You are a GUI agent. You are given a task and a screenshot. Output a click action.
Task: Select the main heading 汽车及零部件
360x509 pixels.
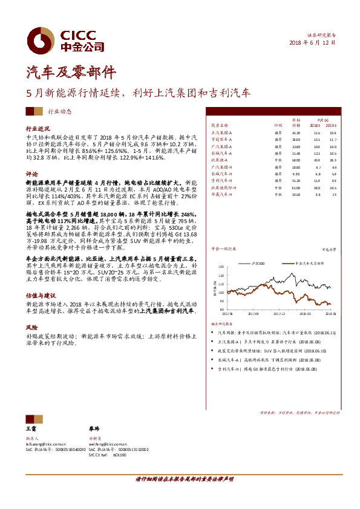(x=71, y=73)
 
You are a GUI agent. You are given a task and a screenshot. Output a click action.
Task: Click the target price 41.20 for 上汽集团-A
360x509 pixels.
(x=296, y=132)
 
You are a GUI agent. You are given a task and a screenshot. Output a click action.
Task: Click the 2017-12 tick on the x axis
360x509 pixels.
(x=279, y=314)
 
